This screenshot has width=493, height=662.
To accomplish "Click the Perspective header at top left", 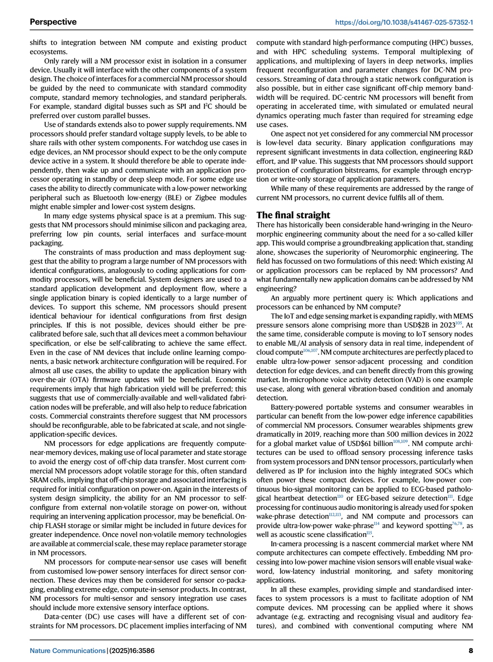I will tap(53, 22).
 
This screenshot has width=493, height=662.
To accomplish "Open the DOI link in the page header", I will tap(404, 22).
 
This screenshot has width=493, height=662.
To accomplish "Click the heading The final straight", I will tap(293, 215).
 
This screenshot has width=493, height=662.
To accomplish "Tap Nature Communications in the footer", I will tap(68, 650).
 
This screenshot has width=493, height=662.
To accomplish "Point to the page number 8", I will tap(471, 650).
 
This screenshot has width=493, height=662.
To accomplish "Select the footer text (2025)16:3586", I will tap(132, 650).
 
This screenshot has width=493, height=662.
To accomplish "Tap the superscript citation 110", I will tap(340, 496).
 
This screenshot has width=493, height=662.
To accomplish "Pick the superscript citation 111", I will tap(451, 496).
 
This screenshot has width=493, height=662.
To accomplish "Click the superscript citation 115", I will tap(369, 533).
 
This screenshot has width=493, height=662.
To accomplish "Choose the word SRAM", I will tap(38, 480).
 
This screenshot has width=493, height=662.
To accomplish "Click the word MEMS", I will tap(463, 316).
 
